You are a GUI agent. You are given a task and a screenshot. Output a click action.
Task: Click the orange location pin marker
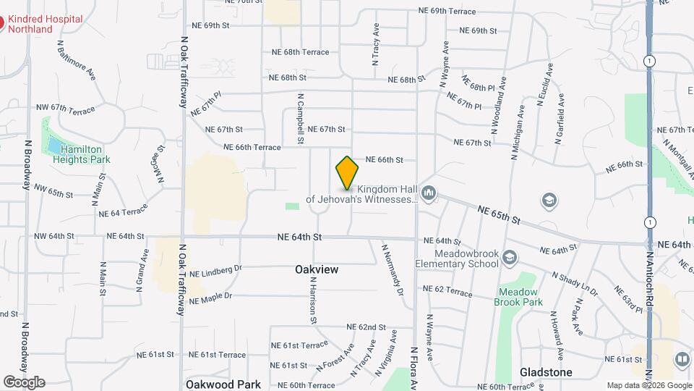click(x=347, y=172)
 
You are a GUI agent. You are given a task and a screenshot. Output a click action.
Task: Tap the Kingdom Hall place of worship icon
click(x=429, y=192)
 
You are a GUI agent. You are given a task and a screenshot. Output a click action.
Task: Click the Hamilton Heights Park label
click(x=85, y=154)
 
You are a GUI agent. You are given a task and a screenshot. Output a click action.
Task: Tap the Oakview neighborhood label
click(x=317, y=269)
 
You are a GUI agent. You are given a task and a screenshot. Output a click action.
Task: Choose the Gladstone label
click(x=546, y=372)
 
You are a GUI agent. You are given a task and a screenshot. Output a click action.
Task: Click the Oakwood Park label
click(x=223, y=384)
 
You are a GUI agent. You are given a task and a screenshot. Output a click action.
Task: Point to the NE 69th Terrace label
click(x=447, y=12)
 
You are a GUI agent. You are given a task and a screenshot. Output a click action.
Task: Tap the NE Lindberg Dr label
click(x=215, y=270)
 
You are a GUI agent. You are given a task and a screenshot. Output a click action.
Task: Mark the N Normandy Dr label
click(x=391, y=269)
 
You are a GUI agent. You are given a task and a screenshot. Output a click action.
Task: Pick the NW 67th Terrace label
click(x=65, y=109)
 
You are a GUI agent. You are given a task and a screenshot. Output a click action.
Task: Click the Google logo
click(x=23, y=382)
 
